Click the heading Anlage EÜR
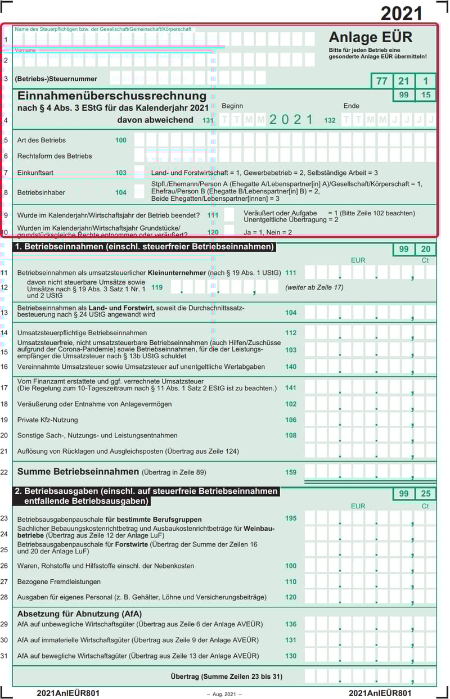click(x=370, y=37)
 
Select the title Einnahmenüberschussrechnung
click(x=112, y=96)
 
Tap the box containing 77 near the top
click(x=381, y=81)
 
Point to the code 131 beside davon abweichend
click(x=208, y=120)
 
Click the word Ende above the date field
click(x=351, y=106)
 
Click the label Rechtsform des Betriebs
click(x=55, y=156)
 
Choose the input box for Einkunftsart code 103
click(x=139, y=173)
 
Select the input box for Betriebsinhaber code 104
click(x=139, y=192)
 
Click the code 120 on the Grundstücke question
click(x=213, y=232)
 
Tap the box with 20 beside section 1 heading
click(x=425, y=250)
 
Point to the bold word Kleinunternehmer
click(x=177, y=273)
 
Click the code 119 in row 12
click(x=157, y=287)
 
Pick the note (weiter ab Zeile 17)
click(x=314, y=287)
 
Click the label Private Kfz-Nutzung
click(x=48, y=420)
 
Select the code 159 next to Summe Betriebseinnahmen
click(x=290, y=472)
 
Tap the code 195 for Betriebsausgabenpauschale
click(x=290, y=518)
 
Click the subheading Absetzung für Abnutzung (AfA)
click(x=79, y=614)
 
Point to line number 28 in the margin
click(x=4, y=597)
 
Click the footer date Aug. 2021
click(x=224, y=695)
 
